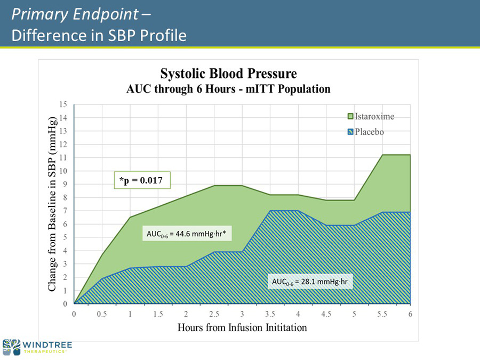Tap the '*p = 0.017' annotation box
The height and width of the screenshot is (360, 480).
[142, 181]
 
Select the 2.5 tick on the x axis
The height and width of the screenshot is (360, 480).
[213, 314]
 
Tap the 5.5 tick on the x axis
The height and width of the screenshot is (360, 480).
[381, 314]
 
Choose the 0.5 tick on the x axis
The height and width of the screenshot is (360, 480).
[102, 314]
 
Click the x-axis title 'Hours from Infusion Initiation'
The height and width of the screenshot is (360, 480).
[242, 327]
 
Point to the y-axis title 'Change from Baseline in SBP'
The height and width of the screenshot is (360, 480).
[53, 205]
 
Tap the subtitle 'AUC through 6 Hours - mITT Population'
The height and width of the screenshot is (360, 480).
[228, 89]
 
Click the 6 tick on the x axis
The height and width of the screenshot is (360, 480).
[410, 314]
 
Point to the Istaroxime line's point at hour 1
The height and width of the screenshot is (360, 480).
[130, 217]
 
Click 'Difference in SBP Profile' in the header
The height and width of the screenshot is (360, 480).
[99, 36]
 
